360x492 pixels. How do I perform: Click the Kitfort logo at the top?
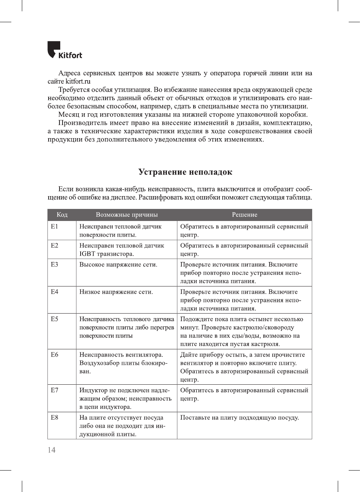coord(64,50)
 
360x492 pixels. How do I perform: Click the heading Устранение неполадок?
coord(185,172)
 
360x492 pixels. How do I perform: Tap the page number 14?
coord(52,450)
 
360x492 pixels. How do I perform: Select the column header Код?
coord(62,215)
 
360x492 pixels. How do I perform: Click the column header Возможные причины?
coord(127,215)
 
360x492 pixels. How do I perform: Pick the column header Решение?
coord(244,215)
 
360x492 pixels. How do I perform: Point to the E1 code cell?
coord(55,226)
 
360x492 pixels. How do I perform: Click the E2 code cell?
coord(55,245)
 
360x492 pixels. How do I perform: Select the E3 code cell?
coord(55,264)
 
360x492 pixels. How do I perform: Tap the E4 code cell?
coord(55,292)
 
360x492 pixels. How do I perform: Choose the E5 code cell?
coord(55,319)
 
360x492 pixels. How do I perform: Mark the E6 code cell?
coord(55,355)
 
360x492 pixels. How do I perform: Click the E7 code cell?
coord(55,390)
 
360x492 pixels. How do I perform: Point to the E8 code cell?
coord(55,417)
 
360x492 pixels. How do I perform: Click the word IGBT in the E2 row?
coord(87,254)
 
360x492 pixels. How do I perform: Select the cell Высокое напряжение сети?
coord(118,265)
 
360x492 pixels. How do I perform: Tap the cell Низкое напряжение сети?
coord(116,292)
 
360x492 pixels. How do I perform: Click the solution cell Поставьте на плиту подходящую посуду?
coord(239,417)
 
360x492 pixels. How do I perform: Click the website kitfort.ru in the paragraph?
coord(78,81)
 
